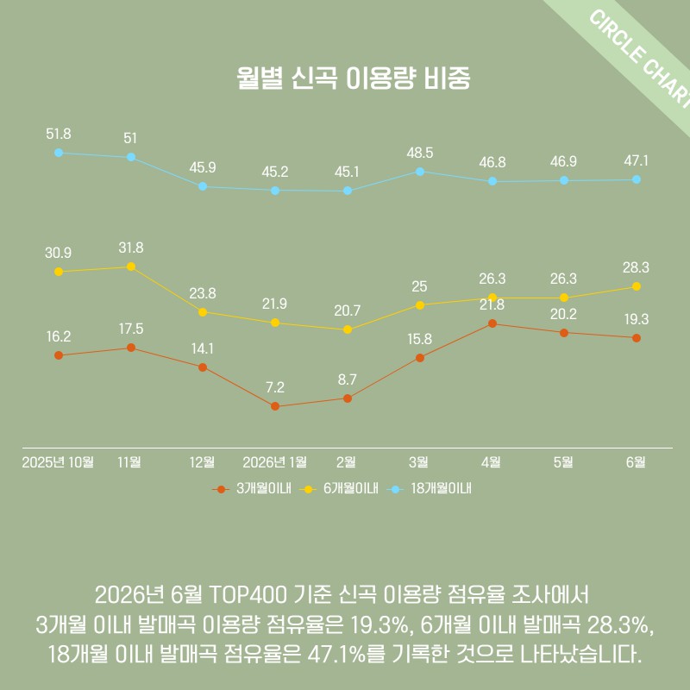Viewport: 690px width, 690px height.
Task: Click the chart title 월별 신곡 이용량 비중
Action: pos(354,78)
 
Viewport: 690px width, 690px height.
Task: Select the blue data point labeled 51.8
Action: pos(59,153)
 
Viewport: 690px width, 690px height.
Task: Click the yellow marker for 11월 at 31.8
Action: pos(131,267)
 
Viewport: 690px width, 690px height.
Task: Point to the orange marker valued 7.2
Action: pos(275,406)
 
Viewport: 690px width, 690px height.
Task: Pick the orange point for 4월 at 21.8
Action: pos(492,323)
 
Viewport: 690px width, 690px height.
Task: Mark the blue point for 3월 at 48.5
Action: pos(420,171)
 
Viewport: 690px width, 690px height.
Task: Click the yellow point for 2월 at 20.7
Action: pos(348,329)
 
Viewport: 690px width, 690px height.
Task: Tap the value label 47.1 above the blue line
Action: pos(636,161)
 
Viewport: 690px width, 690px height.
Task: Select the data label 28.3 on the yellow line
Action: pos(636,267)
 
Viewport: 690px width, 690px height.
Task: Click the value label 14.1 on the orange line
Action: pos(203,349)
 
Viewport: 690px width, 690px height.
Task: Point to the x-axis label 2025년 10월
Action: pos(58,462)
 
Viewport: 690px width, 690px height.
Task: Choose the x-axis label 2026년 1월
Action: pos(275,462)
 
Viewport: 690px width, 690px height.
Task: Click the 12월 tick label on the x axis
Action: pos(202,462)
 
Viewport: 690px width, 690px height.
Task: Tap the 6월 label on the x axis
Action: pos(636,462)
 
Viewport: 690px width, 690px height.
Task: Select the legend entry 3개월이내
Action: pos(252,488)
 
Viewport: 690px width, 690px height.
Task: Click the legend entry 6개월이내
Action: pos(339,488)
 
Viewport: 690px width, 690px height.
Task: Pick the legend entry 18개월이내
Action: pos(429,488)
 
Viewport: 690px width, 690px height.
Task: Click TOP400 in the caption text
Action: pos(248,595)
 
